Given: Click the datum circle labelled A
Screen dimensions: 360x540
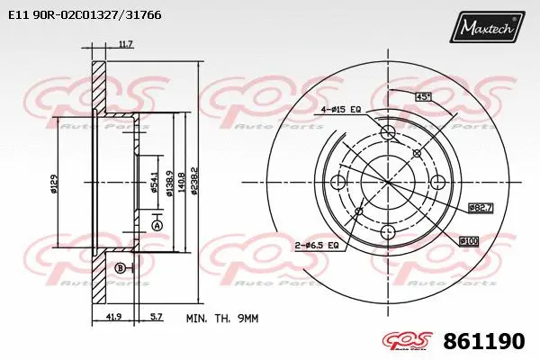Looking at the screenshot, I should pos(157,225).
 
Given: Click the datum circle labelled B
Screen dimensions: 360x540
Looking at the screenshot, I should pos(120,268).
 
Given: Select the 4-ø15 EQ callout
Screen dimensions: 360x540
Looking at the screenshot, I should pos(342,110).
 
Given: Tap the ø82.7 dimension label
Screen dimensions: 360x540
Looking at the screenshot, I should pos(480,208).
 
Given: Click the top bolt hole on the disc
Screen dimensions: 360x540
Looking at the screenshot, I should pos(389,134).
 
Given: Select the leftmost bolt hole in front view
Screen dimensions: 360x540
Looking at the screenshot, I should pos(338,184).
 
